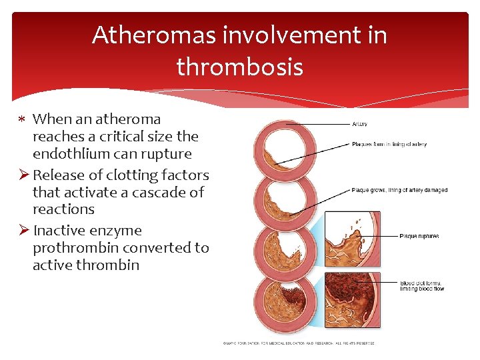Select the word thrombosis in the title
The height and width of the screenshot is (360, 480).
(239, 67)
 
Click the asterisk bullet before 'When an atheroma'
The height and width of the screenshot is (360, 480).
(22, 120)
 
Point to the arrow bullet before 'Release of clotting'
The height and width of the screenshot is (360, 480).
(22, 175)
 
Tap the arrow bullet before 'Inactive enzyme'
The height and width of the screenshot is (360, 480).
(22, 231)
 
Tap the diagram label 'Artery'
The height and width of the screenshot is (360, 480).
(359, 124)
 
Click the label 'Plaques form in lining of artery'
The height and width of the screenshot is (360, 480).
(389, 144)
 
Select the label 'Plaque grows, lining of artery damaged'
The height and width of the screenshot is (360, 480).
(399, 190)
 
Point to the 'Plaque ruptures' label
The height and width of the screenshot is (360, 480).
(419, 236)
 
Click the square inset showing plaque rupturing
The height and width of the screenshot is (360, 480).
(352, 239)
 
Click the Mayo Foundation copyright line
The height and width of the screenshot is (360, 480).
(298, 343)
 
